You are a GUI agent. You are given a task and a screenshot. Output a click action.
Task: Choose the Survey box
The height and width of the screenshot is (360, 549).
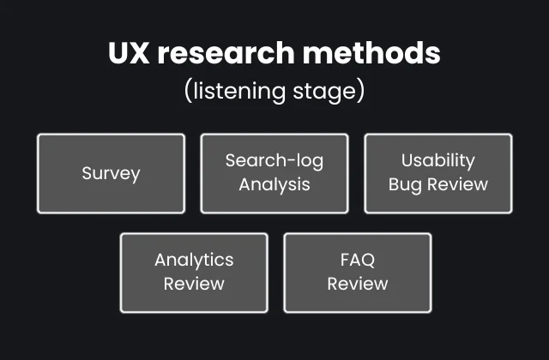click(x=111, y=173)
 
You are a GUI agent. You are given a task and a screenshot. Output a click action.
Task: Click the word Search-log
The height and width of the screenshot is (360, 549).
click(x=274, y=160)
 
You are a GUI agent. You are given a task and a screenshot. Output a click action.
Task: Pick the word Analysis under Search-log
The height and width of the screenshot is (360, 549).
click(x=274, y=184)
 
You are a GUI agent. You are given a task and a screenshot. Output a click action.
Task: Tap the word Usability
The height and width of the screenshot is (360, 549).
click(x=438, y=160)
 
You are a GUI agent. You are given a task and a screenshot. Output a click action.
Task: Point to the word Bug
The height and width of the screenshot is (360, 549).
click(x=404, y=184)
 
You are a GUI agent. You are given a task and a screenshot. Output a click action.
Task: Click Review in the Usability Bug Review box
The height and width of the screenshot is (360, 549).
click(x=456, y=184)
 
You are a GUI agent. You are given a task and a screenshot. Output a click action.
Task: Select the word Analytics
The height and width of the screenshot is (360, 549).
click(x=194, y=260)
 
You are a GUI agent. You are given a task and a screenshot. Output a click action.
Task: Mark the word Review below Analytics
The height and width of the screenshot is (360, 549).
click(x=194, y=284)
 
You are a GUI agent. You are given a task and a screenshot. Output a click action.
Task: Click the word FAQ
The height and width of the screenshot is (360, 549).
click(x=357, y=260)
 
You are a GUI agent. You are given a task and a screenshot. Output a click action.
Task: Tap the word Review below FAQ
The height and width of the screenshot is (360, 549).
click(x=357, y=284)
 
